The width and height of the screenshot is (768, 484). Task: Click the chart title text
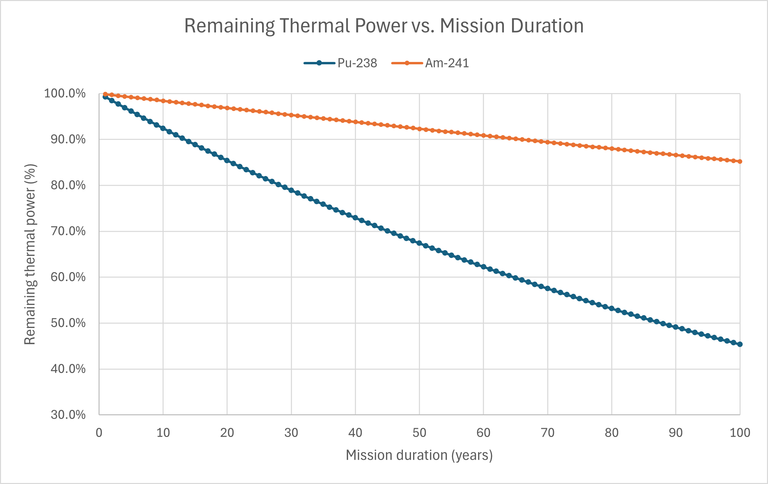point(384,26)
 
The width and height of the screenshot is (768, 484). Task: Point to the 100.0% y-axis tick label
point(65,93)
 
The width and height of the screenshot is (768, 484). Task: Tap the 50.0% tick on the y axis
point(68,323)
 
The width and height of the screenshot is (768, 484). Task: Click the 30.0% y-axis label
point(68,415)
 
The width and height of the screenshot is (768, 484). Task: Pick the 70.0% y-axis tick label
point(68,231)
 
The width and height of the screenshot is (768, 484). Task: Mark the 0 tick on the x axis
point(99,433)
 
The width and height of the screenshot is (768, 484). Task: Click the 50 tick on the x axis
point(419,433)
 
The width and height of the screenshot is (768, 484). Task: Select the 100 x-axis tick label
point(740,433)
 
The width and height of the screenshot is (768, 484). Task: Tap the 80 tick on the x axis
point(612,433)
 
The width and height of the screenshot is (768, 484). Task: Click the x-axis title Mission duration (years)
point(419,455)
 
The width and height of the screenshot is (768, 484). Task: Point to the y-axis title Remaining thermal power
point(30,254)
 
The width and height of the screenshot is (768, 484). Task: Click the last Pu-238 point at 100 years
point(740,344)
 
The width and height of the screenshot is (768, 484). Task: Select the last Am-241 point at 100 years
point(740,161)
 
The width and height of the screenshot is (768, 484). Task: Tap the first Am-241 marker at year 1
point(105,94)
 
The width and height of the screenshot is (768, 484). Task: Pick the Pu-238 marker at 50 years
point(419,243)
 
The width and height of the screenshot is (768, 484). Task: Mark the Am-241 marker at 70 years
point(548,142)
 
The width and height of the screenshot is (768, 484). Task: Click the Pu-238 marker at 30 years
point(291,190)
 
